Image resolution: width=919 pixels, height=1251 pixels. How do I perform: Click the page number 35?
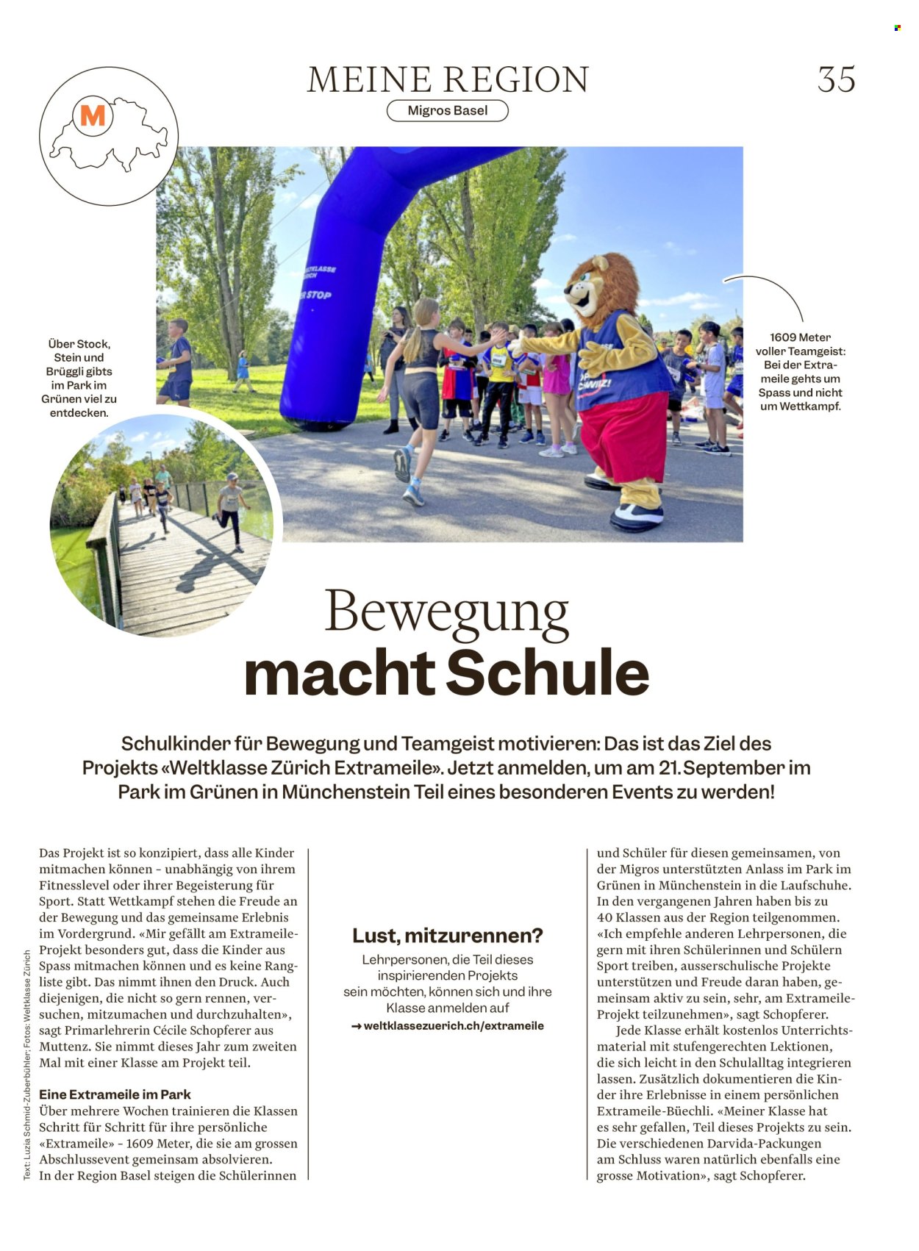coord(836,79)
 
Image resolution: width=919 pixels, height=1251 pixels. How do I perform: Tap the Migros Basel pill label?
coord(447,111)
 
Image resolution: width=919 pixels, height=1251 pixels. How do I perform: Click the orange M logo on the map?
coord(93,115)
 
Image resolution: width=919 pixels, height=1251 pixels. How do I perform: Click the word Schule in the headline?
coord(548,673)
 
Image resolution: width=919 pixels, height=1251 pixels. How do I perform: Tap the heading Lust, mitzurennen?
coord(447,936)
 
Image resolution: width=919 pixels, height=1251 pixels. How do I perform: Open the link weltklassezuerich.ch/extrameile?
coord(453,1026)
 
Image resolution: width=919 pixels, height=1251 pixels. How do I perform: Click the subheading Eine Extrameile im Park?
coord(115,1094)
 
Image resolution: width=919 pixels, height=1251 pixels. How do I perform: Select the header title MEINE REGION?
coord(448,79)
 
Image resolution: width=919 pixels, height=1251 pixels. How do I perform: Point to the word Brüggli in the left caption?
coord(66,371)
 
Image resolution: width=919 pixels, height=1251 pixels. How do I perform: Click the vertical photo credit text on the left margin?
coord(27,1065)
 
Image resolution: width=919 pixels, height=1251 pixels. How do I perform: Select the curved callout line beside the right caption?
coord(772,290)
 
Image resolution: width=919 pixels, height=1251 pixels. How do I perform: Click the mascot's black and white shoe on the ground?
coord(636,516)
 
